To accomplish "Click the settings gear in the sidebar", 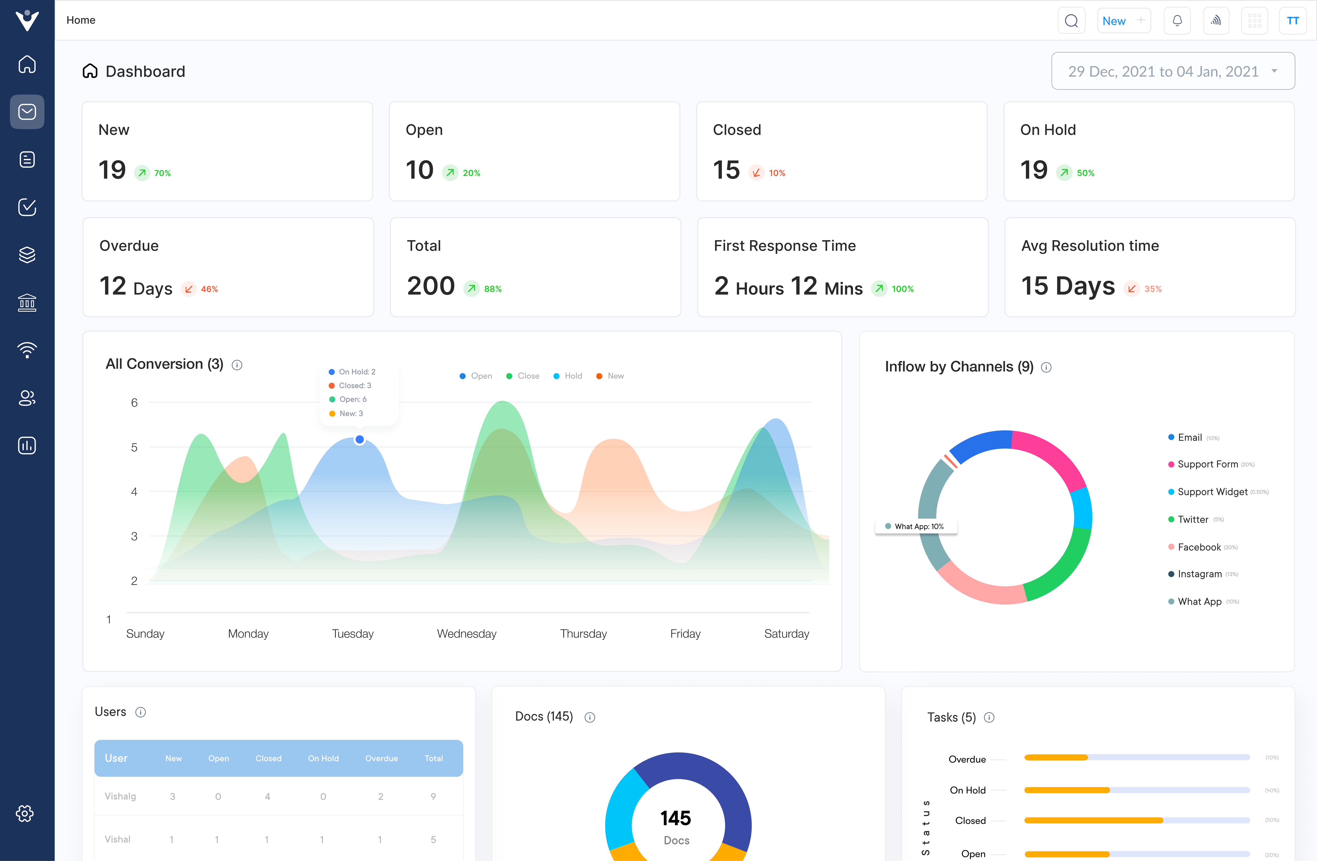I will point(25,814).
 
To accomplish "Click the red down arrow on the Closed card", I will point(756,173).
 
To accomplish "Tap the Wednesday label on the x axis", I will point(466,634).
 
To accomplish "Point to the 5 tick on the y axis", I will point(134,447).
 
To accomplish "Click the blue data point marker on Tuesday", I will point(360,440).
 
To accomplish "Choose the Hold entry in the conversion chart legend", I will point(568,376).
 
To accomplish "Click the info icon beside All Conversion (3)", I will point(237,365).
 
